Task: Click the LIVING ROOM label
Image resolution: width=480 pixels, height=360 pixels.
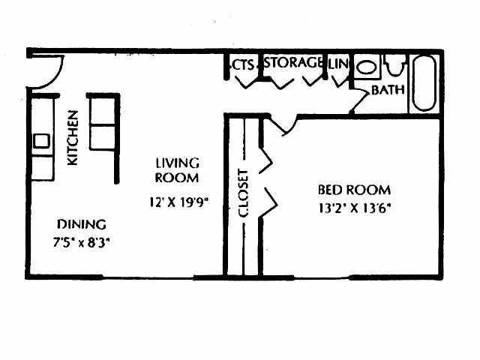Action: (177, 170)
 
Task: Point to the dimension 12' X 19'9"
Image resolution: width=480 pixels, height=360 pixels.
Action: (177, 201)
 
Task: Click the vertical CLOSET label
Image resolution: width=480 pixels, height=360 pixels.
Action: (243, 193)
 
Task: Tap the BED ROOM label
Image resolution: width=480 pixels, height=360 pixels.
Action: (354, 190)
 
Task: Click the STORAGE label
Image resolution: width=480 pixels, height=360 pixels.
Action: (295, 63)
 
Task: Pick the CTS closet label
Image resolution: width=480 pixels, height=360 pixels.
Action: (243, 64)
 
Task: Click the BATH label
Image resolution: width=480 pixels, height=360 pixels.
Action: (388, 90)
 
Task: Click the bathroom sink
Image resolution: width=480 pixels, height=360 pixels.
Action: (367, 67)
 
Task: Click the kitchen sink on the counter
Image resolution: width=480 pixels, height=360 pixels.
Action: (41, 140)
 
